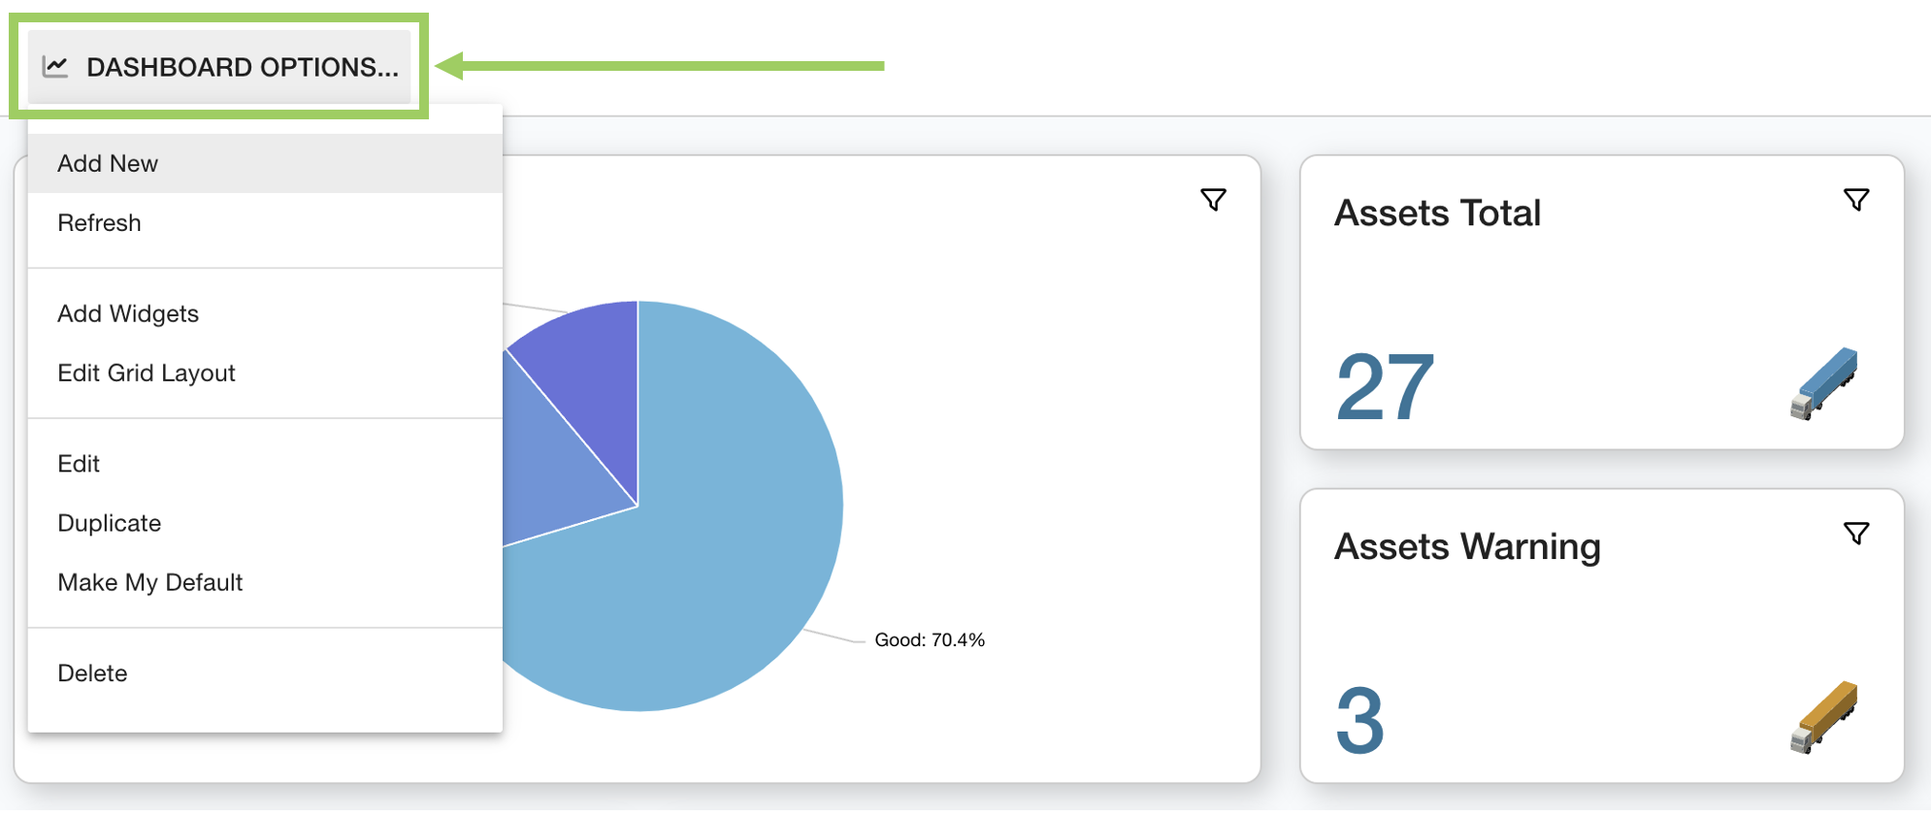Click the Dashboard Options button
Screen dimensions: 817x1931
coord(219,67)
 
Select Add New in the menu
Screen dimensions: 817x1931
coord(108,163)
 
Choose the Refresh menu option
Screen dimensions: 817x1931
coord(99,223)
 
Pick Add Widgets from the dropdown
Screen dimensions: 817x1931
coord(128,313)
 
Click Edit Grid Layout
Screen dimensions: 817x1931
coord(147,373)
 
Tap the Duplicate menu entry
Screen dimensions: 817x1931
coord(110,523)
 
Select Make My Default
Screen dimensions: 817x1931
coord(150,582)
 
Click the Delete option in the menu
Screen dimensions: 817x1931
coord(92,673)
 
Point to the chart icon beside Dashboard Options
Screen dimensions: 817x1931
coord(55,67)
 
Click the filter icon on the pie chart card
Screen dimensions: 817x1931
coord(1213,200)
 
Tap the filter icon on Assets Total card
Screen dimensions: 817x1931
coord(1855,200)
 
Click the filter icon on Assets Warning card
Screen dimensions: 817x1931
coord(1855,534)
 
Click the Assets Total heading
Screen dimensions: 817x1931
coord(1437,213)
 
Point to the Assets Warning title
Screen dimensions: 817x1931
coord(1467,547)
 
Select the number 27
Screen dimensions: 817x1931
coord(1385,388)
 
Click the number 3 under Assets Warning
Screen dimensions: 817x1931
coord(1360,721)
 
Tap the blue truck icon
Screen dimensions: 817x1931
coord(1823,383)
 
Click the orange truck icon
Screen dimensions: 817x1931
coord(1823,717)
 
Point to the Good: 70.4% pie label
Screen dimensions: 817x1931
coord(930,640)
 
